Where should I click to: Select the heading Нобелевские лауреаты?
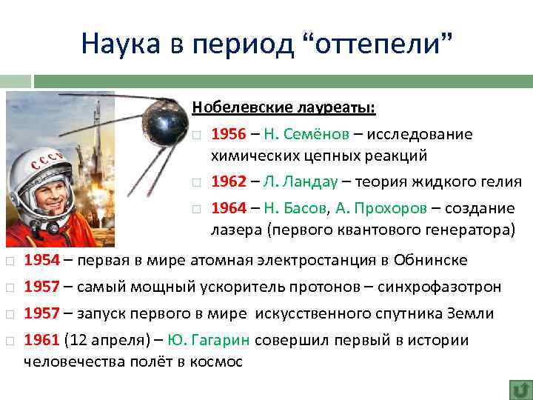pos(284,108)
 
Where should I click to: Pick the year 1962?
pos(228,181)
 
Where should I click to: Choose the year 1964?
pos(228,208)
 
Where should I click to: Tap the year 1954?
pos(41,260)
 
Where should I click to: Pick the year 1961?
pos(41,340)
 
